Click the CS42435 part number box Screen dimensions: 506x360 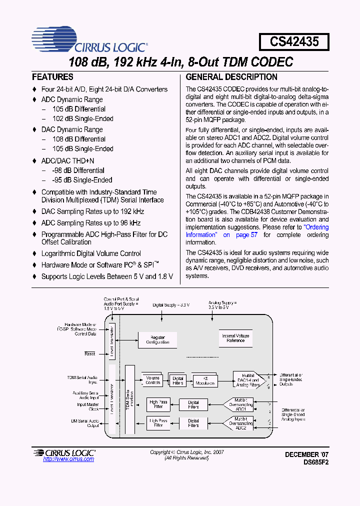point(294,41)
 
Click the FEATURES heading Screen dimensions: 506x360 point(52,77)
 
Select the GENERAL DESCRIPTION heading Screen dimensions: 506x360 point(231,77)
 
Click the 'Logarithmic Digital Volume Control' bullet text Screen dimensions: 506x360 point(91,253)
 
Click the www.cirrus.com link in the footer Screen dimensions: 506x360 point(62,459)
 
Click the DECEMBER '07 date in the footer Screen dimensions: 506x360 point(307,454)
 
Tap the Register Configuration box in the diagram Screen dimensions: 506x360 point(157,340)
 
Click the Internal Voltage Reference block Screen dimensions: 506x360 point(235,338)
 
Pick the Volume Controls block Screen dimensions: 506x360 point(153,380)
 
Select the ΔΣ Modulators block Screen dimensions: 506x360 point(205,380)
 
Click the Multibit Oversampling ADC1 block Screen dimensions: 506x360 point(240,404)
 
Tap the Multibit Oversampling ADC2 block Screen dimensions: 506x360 point(240,422)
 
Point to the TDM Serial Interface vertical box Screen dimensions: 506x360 point(130,400)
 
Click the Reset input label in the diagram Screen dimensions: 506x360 point(89,353)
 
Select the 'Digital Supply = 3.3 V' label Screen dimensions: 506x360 point(171,304)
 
